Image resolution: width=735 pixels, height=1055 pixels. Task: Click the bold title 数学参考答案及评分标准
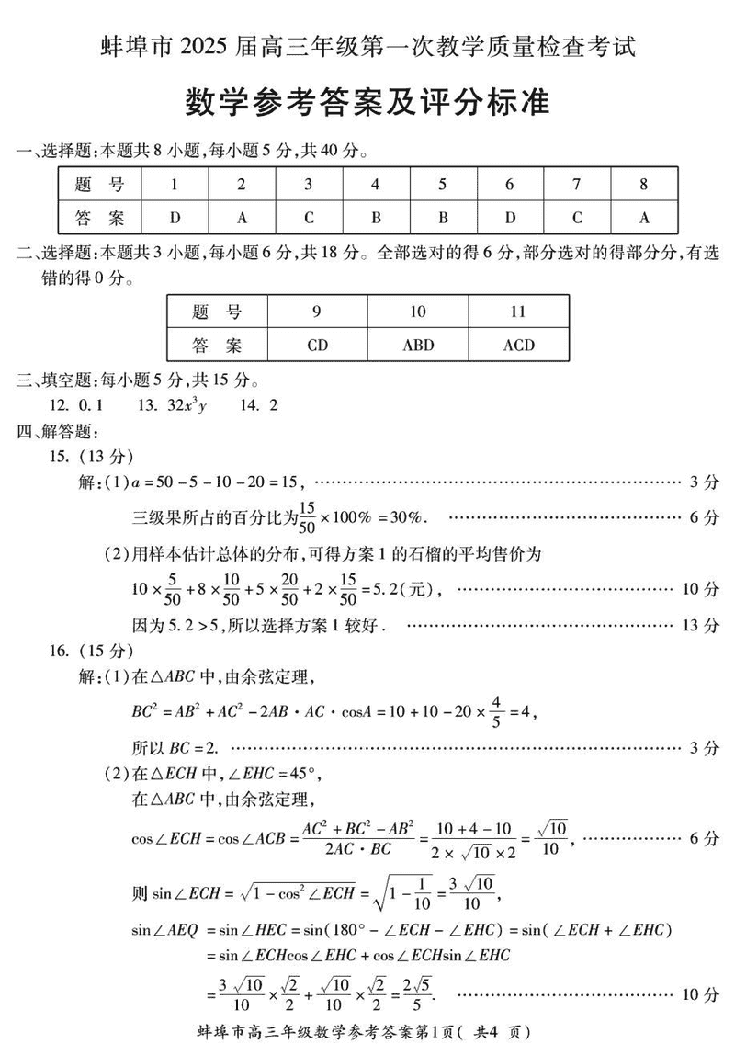(367, 102)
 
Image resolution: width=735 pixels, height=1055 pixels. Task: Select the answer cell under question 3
(309, 218)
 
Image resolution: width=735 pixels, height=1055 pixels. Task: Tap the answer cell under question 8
(644, 218)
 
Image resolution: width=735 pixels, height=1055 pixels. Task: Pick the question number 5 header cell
(443, 184)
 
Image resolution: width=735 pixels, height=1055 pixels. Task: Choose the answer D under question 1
(175, 218)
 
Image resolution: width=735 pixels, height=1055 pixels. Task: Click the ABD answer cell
(418, 346)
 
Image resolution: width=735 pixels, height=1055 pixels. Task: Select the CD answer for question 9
(317, 346)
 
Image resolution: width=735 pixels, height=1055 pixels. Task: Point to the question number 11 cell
(518, 312)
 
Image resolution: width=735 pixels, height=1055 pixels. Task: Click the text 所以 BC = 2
(177, 747)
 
